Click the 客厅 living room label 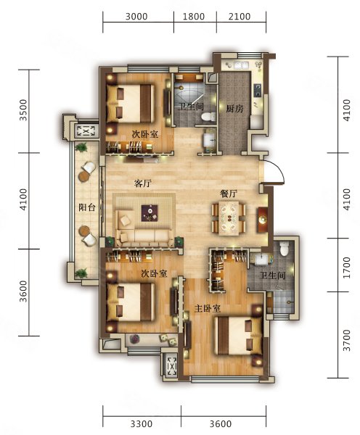point(142,183)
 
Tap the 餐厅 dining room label point(229,194)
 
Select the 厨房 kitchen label point(234,109)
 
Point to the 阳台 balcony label point(87,207)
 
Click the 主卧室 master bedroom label point(208,309)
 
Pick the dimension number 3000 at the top point(136,17)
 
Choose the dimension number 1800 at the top point(194,17)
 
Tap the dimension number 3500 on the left point(24,110)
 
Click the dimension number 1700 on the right point(347,268)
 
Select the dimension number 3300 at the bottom point(142,424)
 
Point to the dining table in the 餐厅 point(229,218)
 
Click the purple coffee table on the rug point(150,213)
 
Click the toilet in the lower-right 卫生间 point(285,248)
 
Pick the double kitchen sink point(241,65)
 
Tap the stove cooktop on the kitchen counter point(258,90)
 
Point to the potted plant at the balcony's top point(82,147)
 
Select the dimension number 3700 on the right point(347,340)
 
